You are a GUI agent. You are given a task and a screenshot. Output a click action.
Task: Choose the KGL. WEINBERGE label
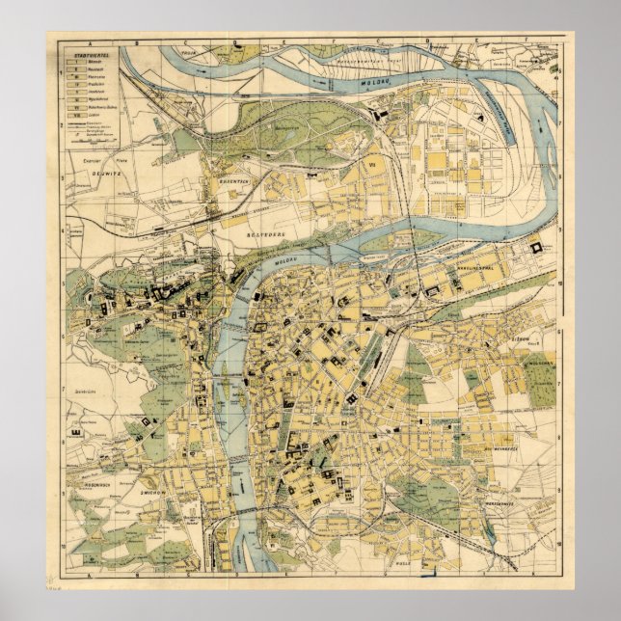(x=501, y=448)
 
